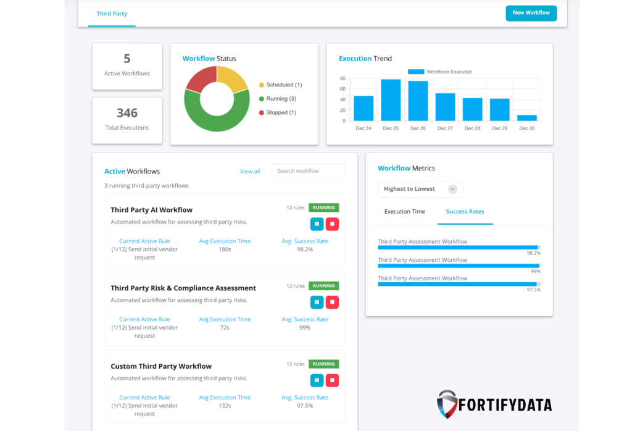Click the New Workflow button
click(x=531, y=13)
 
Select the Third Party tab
click(x=112, y=14)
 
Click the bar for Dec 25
click(x=391, y=100)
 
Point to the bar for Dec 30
click(x=526, y=117)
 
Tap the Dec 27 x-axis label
click(x=445, y=128)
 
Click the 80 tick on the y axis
click(x=343, y=78)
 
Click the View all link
click(x=250, y=171)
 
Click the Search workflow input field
click(x=308, y=171)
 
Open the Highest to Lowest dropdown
click(x=420, y=189)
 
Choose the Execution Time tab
click(x=404, y=212)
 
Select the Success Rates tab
click(x=465, y=212)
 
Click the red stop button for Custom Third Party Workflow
click(x=332, y=380)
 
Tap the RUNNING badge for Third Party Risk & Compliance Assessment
click(x=323, y=286)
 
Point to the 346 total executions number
click(x=127, y=113)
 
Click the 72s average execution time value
click(x=225, y=327)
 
